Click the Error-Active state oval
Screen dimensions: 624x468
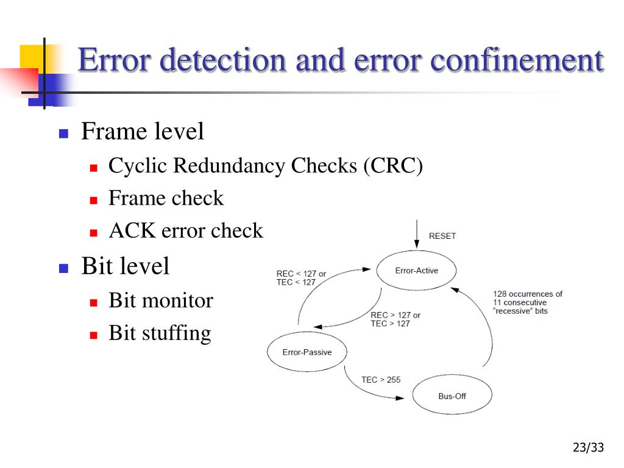coord(416,270)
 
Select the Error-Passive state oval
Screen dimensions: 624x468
coord(307,352)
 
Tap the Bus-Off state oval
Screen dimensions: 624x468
coord(452,394)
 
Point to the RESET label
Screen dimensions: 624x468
coord(442,236)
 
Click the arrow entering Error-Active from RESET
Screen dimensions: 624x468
coord(417,234)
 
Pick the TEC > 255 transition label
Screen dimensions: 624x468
coord(381,380)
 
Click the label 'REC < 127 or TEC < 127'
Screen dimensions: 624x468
coord(301,278)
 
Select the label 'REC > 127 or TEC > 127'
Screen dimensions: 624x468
coord(395,319)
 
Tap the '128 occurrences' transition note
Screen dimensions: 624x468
coord(528,302)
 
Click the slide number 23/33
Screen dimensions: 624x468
coord(588,447)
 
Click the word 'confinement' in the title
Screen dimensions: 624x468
coord(517,60)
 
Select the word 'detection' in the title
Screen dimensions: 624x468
coord(223,60)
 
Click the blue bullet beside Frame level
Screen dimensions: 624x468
coord(63,133)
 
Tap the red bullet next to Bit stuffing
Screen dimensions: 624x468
coord(93,335)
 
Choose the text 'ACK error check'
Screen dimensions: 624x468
coord(186,230)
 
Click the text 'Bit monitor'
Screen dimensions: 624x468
coord(161,300)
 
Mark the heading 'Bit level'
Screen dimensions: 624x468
coord(126,266)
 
